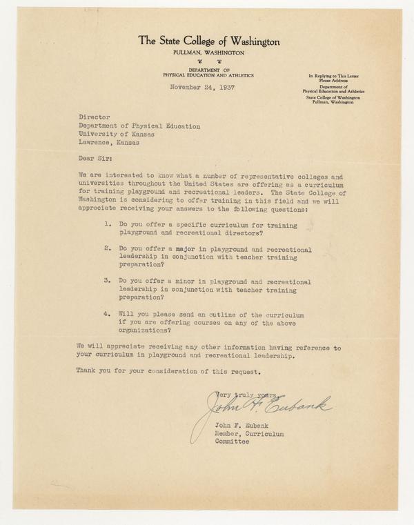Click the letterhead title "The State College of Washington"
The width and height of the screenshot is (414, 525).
coord(208,41)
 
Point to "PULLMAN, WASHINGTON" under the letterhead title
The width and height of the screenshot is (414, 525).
coord(208,52)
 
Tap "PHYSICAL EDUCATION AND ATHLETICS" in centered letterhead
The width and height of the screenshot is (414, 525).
coord(208,75)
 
